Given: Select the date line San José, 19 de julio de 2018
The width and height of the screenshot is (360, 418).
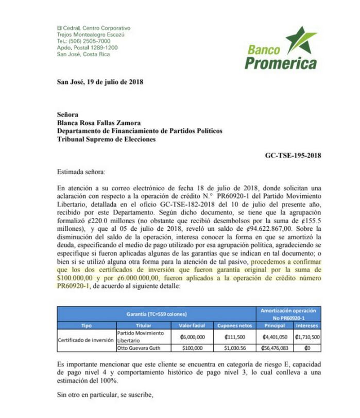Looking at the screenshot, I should coord(100,82).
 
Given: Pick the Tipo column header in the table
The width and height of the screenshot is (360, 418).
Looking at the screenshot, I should coord(86,326).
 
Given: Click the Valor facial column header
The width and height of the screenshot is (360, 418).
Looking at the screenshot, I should coord(192,326).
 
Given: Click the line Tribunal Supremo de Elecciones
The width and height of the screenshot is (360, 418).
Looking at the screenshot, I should coord(106,139).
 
